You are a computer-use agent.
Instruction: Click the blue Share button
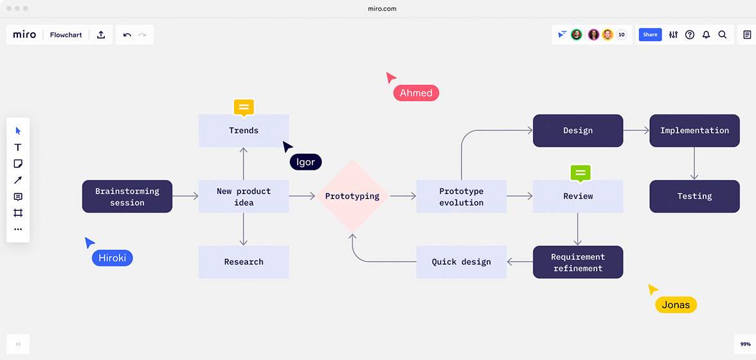650,35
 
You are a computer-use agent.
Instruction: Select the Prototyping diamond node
352,196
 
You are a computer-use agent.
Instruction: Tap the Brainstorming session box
127,197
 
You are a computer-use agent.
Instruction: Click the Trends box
244,130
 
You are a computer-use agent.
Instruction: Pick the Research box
244,262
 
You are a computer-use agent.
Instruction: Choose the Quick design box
461,262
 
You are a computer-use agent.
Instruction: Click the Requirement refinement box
578,262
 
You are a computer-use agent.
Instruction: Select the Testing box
694,196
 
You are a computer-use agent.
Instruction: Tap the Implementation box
694,130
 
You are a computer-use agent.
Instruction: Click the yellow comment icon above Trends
244,107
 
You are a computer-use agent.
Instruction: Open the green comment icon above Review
580,172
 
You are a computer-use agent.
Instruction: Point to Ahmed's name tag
416,93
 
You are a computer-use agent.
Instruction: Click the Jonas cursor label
676,305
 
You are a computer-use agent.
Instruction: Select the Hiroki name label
113,258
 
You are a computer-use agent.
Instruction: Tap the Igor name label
305,162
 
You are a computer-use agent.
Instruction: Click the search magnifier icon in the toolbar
723,35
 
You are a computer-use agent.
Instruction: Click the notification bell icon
706,35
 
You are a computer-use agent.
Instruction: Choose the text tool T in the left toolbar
18,147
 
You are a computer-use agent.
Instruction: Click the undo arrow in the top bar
127,35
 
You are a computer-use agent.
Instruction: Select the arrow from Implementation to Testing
694,163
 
